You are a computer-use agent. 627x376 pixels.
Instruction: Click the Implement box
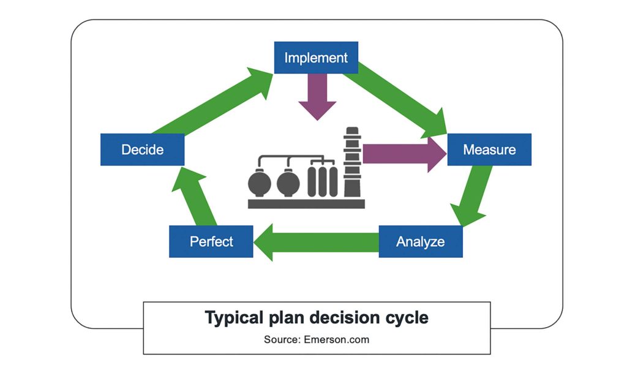coord(316,58)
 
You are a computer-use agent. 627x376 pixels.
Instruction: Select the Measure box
coord(489,149)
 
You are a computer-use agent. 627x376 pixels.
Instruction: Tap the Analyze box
coord(421,241)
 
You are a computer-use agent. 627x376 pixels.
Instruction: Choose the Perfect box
coord(211,241)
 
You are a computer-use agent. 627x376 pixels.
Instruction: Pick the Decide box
coord(142,149)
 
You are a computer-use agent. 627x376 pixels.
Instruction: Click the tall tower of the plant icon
coord(352,162)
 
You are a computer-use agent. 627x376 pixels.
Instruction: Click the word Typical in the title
coord(233,318)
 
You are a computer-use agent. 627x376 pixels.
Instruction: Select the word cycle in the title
coord(405,318)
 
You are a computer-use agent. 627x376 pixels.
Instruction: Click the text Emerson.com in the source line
coord(337,339)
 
